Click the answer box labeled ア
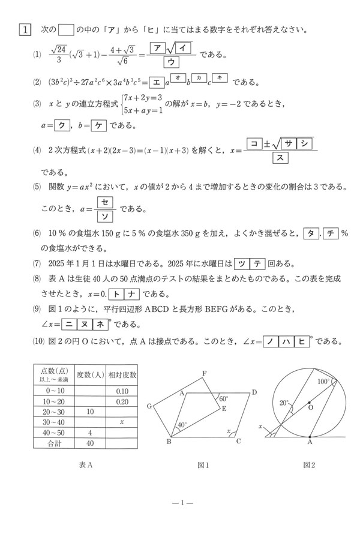point(158,48)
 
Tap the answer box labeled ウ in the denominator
point(170,62)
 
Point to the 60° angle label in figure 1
point(223,399)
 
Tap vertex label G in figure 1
point(149,406)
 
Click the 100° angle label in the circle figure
point(323,381)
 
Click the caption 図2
point(309,465)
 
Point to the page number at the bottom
point(180,502)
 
